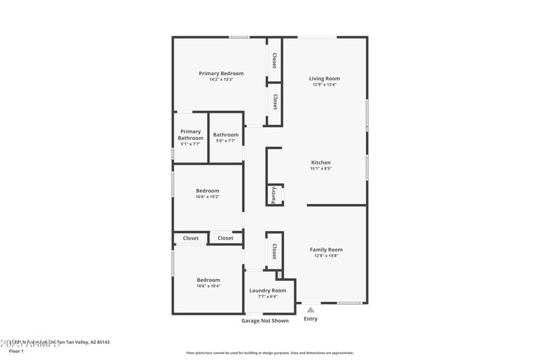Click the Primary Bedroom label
(x=221, y=73)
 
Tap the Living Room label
(x=324, y=78)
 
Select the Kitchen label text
(x=321, y=162)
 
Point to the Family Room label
(x=326, y=249)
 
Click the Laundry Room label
(x=267, y=290)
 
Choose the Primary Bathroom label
(x=190, y=134)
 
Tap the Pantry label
(x=274, y=195)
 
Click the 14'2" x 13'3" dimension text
(x=221, y=80)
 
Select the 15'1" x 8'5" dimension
(x=321, y=169)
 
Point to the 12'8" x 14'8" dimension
(x=326, y=256)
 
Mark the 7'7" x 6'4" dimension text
(x=267, y=297)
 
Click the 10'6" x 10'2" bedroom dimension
(x=207, y=197)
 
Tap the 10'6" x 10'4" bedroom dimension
(x=208, y=286)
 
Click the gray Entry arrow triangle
(x=310, y=309)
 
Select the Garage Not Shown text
(x=265, y=321)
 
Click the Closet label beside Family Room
(x=274, y=252)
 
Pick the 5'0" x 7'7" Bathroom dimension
(x=226, y=140)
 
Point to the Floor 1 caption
(x=16, y=351)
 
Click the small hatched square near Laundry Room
(x=279, y=275)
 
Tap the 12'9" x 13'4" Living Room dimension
(x=324, y=85)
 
